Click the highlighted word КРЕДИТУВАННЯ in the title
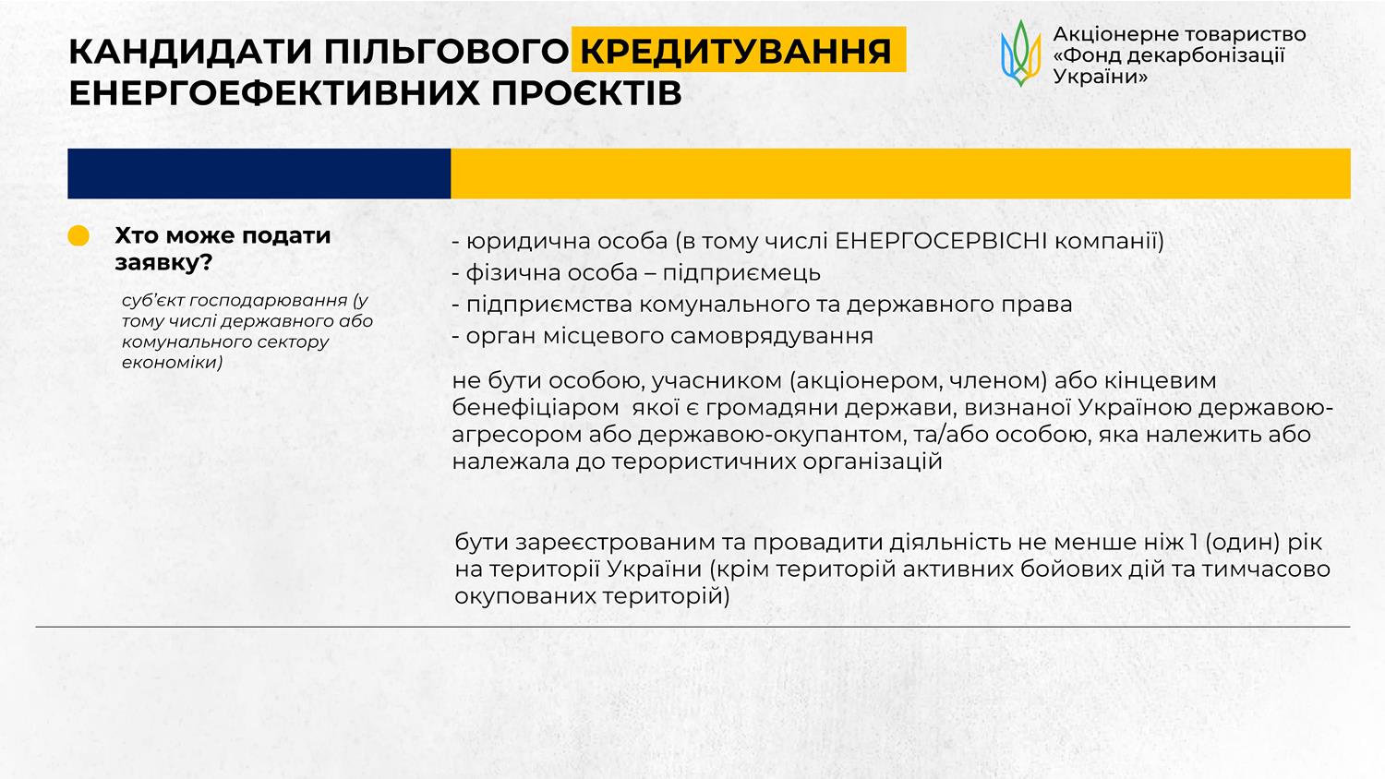[736, 51]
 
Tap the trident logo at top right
[1021, 54]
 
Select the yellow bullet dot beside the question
[78, 235]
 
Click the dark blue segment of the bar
[259, 174]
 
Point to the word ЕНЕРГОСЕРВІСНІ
[941, 241]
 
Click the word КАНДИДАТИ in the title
[192, 52]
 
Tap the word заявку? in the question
[163, 263]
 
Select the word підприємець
[741, 273]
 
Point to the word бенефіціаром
[536, 408]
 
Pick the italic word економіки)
[172, 362]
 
